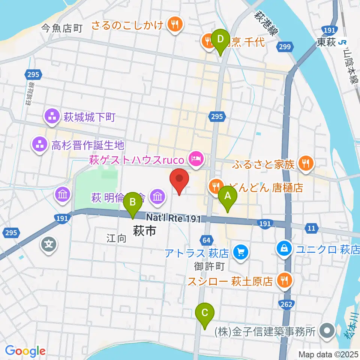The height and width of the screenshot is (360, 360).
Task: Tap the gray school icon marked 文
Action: (x=49, y=244)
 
